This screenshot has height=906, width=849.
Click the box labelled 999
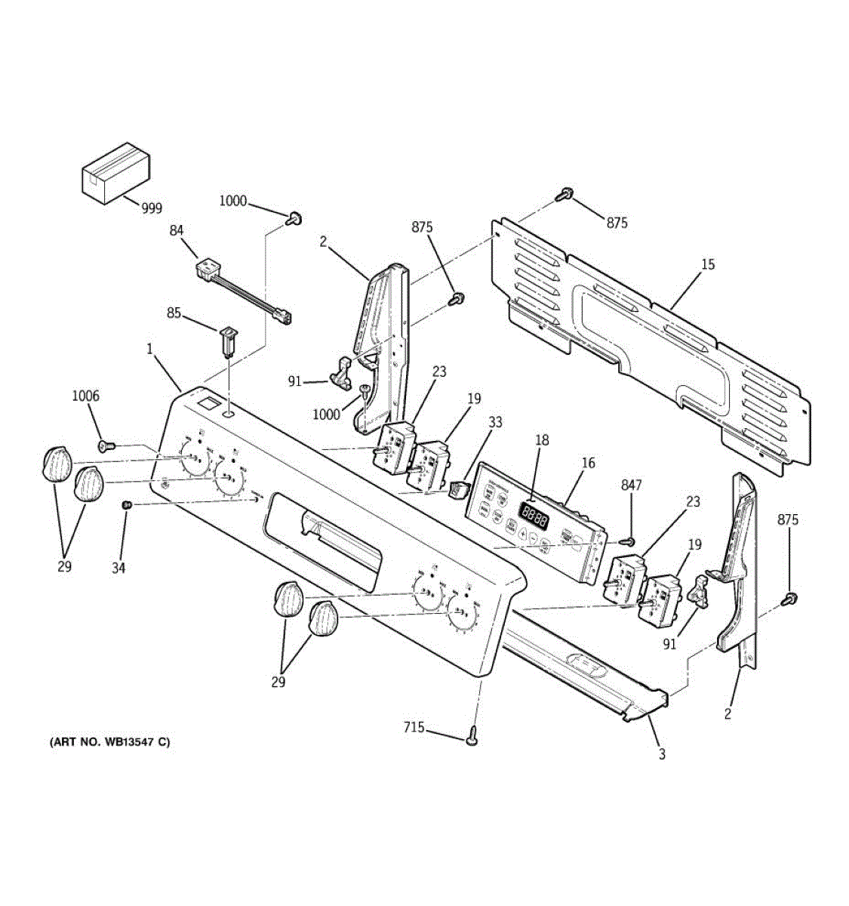tap(115, 173)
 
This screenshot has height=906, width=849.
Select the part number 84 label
tap(177, 230)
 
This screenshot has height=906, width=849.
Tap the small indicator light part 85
tap(229, 341)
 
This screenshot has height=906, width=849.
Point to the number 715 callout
tap(414, 728)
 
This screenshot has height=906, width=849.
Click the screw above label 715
tap(473, 735)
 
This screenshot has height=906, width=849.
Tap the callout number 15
tap(707, 265)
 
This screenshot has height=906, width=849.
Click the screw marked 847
tap(626, 541)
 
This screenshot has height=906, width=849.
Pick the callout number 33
tap(495, 423)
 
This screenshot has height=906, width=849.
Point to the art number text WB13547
tap(110, 742)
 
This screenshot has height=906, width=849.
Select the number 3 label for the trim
tap(662, 754)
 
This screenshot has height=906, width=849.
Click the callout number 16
tap(589, 463)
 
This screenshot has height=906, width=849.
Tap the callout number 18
tap(542, 440)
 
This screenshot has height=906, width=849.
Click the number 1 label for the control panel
tap(149, 349)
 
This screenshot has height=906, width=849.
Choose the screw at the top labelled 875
tap(563, 196)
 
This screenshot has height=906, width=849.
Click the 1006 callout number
tap(86, 396)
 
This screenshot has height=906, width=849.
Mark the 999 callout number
tap(152, 208)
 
